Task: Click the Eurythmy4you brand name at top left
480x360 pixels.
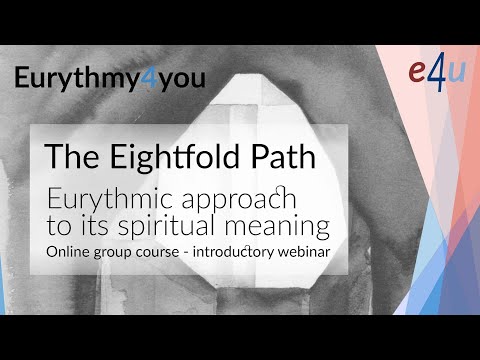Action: tap(109, 79)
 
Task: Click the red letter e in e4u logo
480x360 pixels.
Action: tap(420, 75)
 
